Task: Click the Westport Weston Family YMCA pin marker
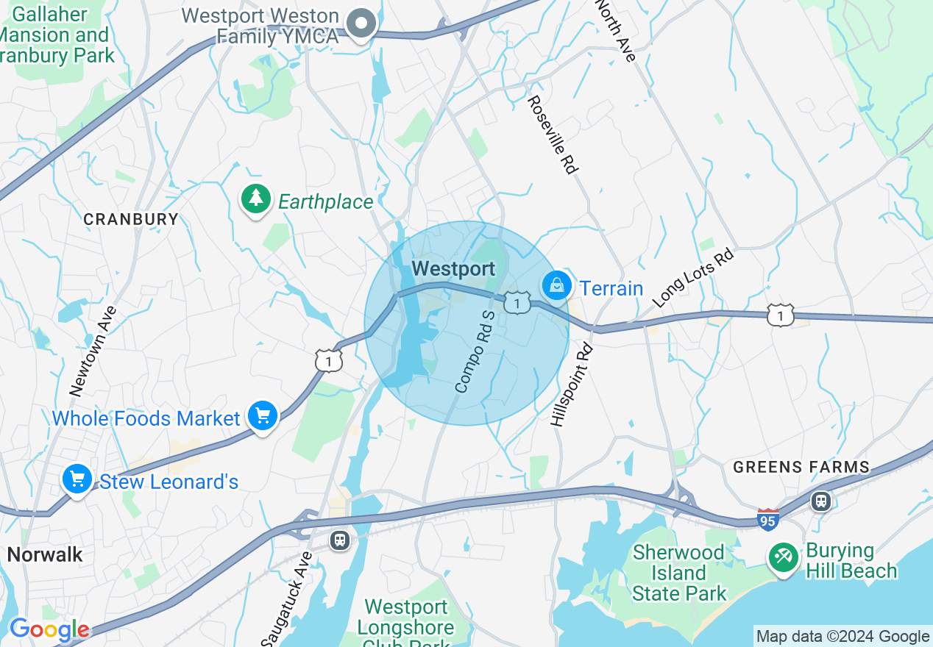click(x=361, y=23)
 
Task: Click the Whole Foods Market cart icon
click(x=262, y=417)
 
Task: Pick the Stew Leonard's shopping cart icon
click(x=77, y=480)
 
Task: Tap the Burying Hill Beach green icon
click(x=783, y=557)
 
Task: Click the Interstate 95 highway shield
click(x=767, y=518)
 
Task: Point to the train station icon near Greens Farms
click(x=821, y=501)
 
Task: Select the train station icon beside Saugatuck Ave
click(x=339, y=540)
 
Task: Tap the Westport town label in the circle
click(x=453, y=269)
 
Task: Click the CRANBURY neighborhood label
click(x=131, y=219)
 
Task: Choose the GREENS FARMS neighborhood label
click(x=801, y=467)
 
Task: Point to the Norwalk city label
click(x=46, y=554)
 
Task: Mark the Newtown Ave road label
click(x=88, y=351)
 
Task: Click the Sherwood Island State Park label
click(x=678, y=573)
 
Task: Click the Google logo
click(x=49, y=630)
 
